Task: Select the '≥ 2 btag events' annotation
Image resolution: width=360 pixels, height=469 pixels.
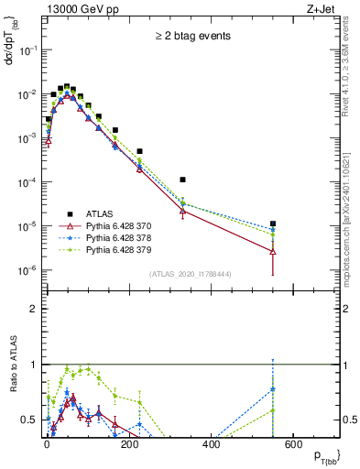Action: pyautogui.click(x=191, y=36)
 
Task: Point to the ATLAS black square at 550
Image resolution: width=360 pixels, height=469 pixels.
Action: pyautogui.click(x=273, y=224)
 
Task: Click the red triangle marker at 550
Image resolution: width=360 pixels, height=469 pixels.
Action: pyautogui.click(x=273, y=250)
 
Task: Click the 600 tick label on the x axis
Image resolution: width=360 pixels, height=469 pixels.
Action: pyautogui.click(x=293, y=446)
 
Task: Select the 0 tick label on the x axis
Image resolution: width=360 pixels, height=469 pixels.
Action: pyautogui.click(x=47, y=446)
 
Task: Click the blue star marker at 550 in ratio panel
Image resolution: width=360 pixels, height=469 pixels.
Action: pyautogui.click(x=273, y=389)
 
